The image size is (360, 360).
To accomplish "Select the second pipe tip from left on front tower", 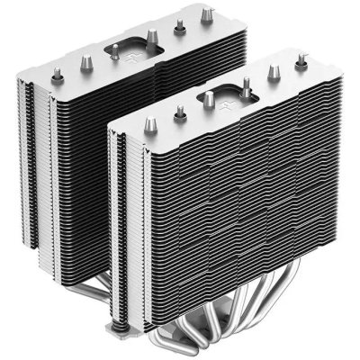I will point(180,112).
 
